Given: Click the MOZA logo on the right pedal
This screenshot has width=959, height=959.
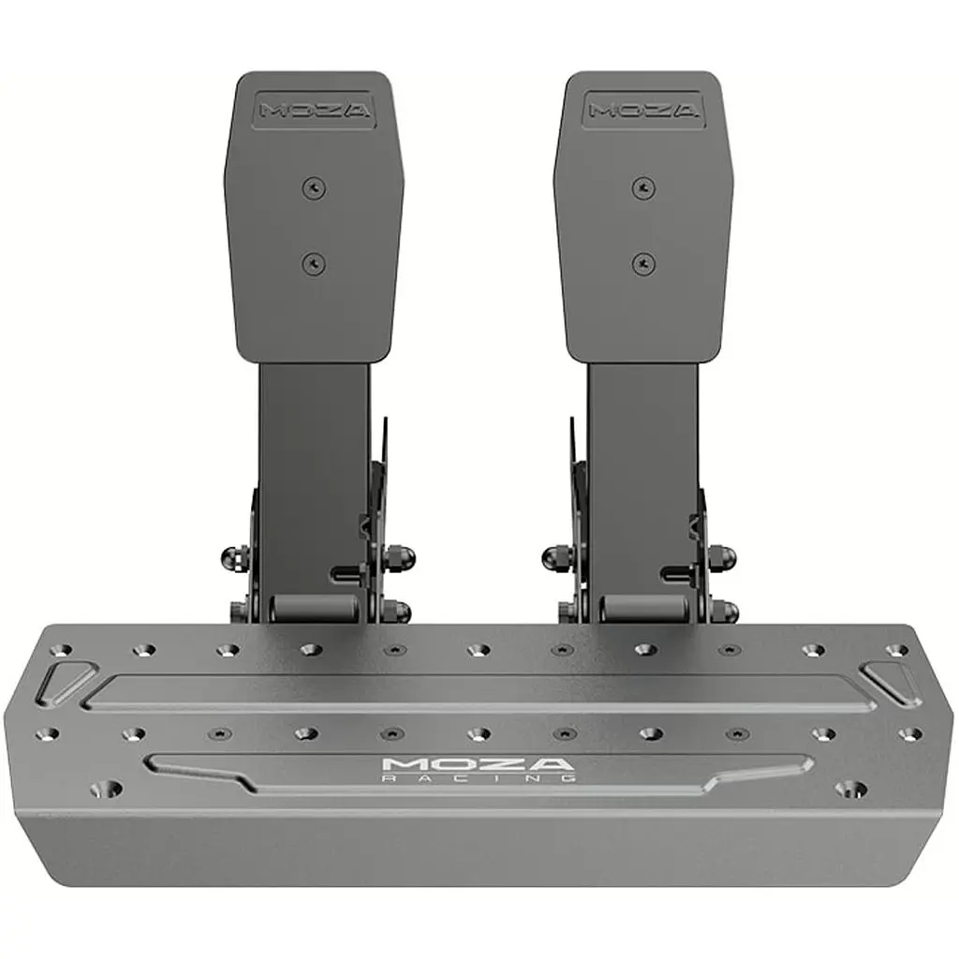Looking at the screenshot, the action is (x=642, y=111).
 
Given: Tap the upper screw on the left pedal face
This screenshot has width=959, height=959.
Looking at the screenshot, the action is (x=315, y=187).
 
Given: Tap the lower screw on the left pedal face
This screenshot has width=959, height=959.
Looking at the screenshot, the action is (x=315, y=264).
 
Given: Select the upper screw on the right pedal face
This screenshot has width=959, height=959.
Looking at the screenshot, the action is (x=643, y=186).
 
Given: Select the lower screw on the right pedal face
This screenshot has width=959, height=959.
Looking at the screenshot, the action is (x=643, y=264).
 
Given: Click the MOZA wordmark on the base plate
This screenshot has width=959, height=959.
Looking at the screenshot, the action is (x=479, y=764).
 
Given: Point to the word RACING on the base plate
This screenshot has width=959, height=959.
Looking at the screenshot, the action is (x=479, y=778).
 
